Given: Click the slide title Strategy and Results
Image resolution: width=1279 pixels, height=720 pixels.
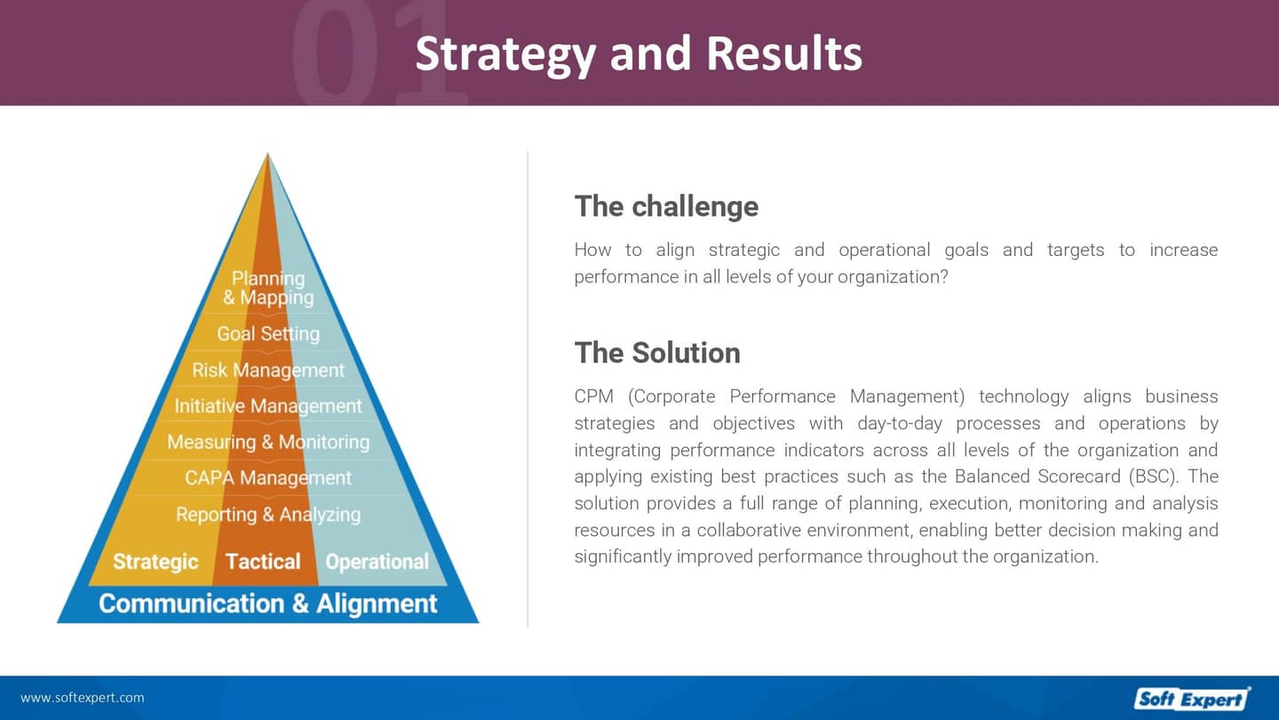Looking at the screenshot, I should coord(639,53).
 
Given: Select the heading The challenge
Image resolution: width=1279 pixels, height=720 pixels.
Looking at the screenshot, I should coord(666,206).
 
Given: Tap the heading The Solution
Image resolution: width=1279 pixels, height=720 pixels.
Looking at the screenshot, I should coord(657,353).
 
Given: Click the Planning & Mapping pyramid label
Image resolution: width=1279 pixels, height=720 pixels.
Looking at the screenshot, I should coord(268,289).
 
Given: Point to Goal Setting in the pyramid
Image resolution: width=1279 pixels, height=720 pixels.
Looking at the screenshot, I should coord(268,334).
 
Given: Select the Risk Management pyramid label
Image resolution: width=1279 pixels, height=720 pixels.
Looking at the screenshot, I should coord(268,371).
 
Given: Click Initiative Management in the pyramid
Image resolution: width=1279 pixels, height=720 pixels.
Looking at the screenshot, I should coord(268,406).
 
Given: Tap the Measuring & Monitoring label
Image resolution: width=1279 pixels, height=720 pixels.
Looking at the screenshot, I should coord(268,442).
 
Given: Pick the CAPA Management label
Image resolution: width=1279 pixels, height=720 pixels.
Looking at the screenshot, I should coord(268,478).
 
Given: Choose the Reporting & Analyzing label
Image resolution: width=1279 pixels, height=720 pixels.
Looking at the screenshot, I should coord(268,515).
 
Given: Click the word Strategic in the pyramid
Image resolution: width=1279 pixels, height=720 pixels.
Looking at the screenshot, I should coord(155,562).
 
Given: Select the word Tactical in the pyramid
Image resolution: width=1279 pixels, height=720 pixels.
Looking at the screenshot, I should coord(263,562).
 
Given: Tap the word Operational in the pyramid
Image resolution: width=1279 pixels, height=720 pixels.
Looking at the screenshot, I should coord(377,562).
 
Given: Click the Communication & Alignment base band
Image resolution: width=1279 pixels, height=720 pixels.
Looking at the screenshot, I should coord(268,604).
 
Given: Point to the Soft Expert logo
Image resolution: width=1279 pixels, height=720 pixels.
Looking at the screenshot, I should coord(1191,699).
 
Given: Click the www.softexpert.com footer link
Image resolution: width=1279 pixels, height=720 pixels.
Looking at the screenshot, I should coord(82,698).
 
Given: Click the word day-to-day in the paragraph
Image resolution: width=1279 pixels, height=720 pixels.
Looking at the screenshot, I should coord(897,423).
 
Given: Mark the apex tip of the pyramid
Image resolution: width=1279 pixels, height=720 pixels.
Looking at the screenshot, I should coord(268,156).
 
